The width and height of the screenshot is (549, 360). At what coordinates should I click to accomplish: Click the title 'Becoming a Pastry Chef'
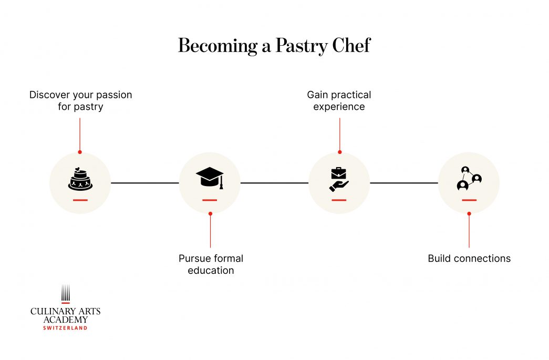(x=274, y=46)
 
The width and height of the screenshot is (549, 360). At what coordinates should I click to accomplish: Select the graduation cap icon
(x=210, y=177)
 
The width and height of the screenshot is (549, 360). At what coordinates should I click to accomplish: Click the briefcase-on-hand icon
(x=339, y=179)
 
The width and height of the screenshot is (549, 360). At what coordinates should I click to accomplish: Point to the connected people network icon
(x=469, y=178)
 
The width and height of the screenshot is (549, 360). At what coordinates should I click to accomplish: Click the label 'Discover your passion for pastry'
(x=80, y=101)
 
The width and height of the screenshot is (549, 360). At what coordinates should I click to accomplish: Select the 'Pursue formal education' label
(x=211, y=264)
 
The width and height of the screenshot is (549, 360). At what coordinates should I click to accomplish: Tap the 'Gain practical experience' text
(x=339, y=101)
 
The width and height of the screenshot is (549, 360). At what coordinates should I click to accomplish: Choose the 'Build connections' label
(x=469, y=259)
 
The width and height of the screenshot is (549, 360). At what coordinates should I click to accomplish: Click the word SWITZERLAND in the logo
(x=65, y=328)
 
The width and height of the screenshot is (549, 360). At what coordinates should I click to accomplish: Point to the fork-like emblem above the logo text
(x=65, y=294)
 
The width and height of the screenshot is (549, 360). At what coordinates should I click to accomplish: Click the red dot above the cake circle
(x=80, y=152)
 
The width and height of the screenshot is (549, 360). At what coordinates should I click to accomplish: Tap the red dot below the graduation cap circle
(x=210, y=213)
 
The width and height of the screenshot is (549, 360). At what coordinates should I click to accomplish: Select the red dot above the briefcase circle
(x=339, y=152)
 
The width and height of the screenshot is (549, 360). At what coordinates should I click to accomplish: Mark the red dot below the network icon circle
(x=469, y=213)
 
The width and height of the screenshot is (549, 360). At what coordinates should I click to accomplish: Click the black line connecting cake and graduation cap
(x=144, y=183)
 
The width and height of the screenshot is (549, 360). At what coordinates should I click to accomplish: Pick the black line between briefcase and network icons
(x=403, y=183)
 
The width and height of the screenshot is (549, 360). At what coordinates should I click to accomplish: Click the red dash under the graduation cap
(x=210, y=200)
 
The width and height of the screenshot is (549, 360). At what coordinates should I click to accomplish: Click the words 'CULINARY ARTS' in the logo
(x=65, y=312)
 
